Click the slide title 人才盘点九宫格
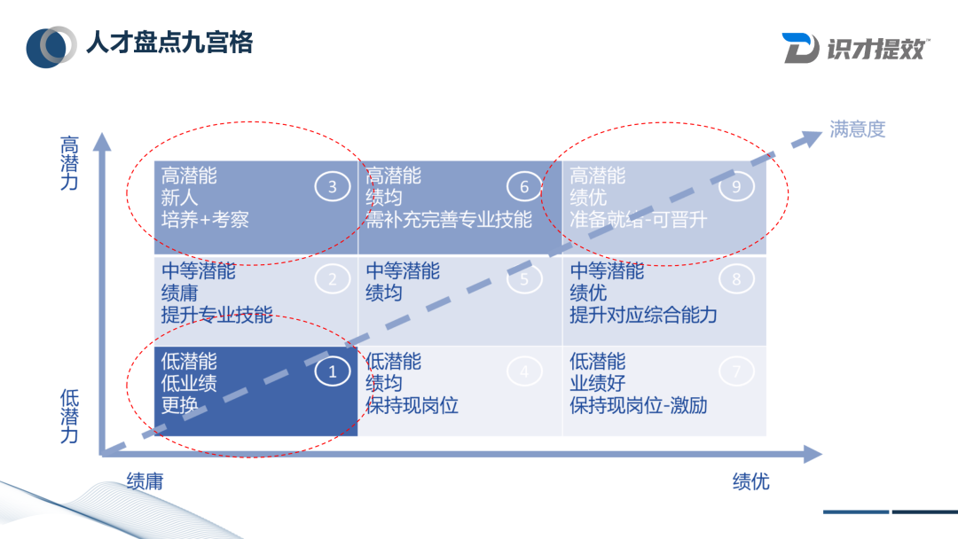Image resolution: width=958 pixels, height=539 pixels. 169,42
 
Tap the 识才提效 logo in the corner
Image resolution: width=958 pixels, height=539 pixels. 855,47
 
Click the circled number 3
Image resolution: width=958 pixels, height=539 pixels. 333,187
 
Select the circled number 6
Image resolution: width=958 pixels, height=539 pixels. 524,187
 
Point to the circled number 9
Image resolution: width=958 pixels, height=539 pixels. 736,187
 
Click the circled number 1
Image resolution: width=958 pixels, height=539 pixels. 333,371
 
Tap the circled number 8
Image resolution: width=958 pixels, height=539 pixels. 736,279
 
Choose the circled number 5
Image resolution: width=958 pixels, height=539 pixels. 524,279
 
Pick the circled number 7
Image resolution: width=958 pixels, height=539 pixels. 736,371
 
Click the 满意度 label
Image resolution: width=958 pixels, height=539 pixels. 858,129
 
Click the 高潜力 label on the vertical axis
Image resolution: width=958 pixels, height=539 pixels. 69,163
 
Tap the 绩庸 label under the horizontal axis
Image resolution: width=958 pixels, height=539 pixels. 145,481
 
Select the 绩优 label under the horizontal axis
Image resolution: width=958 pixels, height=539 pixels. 750,481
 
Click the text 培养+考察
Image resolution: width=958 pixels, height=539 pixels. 205,219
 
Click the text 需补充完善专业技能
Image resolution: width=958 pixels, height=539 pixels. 449,219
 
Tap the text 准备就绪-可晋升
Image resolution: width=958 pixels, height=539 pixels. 638,219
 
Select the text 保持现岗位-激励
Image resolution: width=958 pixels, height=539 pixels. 639,406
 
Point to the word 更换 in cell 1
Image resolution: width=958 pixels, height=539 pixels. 180,406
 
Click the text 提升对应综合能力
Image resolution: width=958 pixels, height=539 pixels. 643,315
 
